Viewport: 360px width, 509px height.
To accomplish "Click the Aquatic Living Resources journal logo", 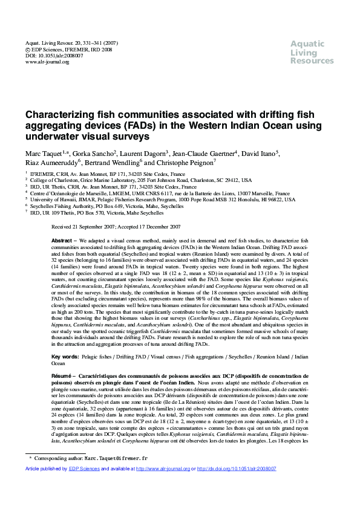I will click(x=312, y=53).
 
